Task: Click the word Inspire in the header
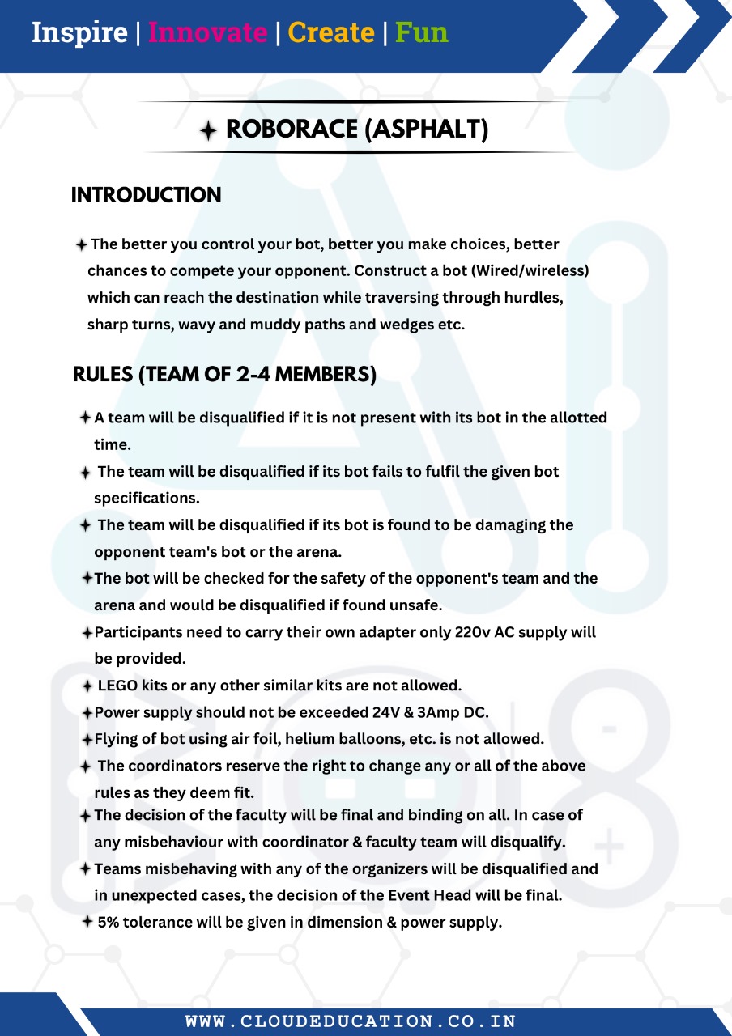[x=79, y=33]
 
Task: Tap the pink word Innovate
[x=207, y=33]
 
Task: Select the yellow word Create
[x=331, y=33]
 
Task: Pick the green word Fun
[x=421, y=33]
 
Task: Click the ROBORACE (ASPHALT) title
[x=357, y=129]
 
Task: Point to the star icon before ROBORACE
[x=209, y=130]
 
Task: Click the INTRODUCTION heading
[x=147, y=195]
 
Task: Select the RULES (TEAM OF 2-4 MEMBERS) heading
[x=224, y=375]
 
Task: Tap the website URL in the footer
[x=351, y=1021]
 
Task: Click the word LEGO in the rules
[x=117, y=686]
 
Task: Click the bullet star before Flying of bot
[x=87, y=739]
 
